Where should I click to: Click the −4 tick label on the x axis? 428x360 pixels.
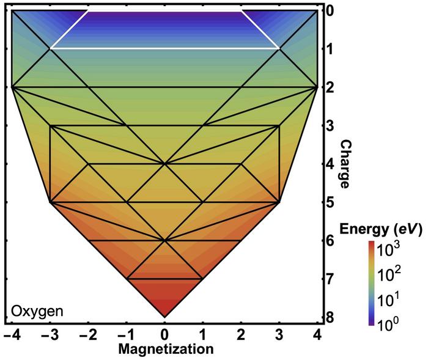[x=10, y=335]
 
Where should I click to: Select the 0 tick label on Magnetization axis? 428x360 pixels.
[x=164, y=335]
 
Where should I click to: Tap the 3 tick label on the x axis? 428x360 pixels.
[x=279, y=335]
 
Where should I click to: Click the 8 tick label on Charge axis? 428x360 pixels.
[x=331, y=317]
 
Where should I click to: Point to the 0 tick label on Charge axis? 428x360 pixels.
[x=331, y=11]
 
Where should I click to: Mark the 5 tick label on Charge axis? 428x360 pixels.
[x=331, y=202]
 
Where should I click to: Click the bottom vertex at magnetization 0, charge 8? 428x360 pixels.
[x=164, y=317]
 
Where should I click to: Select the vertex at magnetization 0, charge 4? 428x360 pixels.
[x=164, y=164]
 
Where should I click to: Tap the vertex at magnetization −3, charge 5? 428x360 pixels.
[x=50, y=202]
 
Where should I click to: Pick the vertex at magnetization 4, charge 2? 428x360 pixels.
[x=317, y=87]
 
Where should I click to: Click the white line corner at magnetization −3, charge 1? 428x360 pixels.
[x=50, y=48]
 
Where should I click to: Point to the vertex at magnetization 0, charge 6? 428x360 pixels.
[x=164, y=241]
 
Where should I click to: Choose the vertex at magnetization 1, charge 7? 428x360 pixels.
[x=202, y=279]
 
